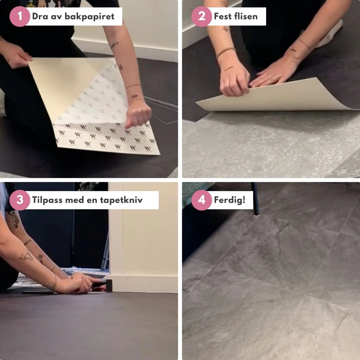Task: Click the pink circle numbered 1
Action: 19,16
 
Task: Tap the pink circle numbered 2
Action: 202,16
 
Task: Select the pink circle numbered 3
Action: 19,200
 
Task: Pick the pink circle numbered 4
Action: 202,200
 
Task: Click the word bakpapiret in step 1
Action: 89,17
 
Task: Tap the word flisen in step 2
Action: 246,16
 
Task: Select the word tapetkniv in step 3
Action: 121,200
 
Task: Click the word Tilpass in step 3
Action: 47,200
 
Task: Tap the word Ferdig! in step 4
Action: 229,200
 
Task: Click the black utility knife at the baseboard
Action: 100,284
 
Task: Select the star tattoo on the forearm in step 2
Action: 226,29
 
